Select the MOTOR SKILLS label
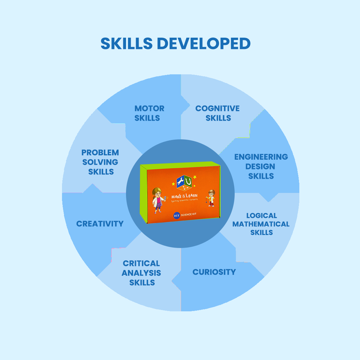tap(149, 113)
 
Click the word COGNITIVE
tap(217, 108)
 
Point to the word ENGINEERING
tap(261, 157)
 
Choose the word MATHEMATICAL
tap(261, 224)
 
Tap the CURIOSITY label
tap(214, 272)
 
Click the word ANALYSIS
tap(141, 273)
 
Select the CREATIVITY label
tap(100, 224)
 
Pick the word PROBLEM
tap(100, 153)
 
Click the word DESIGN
tap(260, 166)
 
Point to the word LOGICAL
tap(262, 216)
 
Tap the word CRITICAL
tap(141, 263)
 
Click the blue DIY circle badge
tap(177, 216)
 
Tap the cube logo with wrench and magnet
tap(184, 183)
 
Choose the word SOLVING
tap(100, 162)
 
